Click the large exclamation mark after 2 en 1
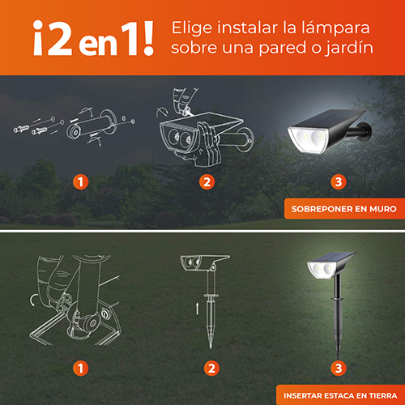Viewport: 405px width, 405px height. (147, 38)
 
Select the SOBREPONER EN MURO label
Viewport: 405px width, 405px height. (344, 209)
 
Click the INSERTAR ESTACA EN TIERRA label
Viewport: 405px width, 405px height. (340, 395)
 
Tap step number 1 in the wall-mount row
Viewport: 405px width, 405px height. (80, 181)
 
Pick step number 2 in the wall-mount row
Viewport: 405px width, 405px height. (207, 181)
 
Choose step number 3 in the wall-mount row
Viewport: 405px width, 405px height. (339, 181)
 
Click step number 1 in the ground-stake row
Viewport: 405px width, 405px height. (80, 368)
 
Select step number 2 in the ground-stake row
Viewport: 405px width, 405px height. (211, 368)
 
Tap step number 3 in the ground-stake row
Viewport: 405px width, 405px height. (339, 368)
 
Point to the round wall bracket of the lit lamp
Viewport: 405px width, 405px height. (367, 131)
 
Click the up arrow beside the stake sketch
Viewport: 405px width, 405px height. (198, 309)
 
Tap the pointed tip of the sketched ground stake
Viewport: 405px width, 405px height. (211, 347)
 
